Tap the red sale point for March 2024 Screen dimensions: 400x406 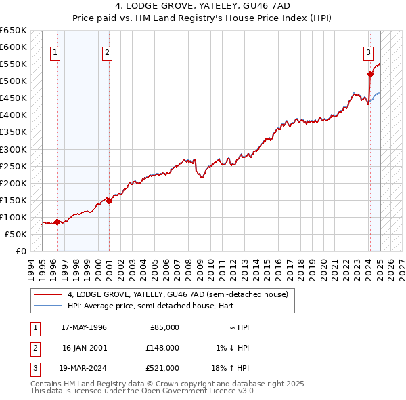click(x=370, y=74)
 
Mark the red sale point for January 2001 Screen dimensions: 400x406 click(x=110, y=201)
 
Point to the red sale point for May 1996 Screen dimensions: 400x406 click(x=58, y=222)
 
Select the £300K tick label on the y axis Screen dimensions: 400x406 click(x=13, y=149)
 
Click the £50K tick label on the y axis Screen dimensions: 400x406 click(x=15, y=234)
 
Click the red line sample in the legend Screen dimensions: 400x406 click(x=48, y=294)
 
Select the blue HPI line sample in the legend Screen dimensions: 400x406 click(x=48, y=306)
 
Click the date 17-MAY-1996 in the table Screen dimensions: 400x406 click(x=84, y=327)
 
